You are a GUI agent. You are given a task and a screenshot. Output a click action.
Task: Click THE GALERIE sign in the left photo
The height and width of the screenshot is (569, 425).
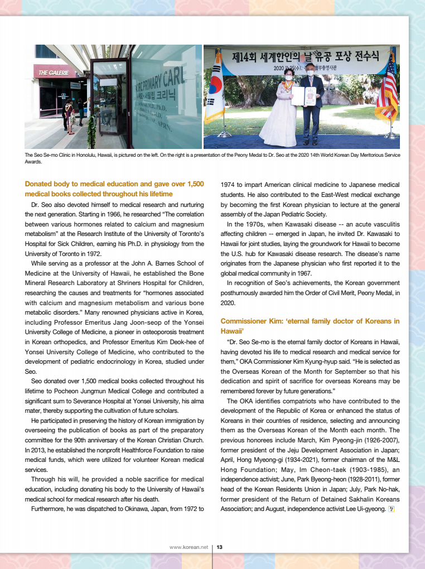click(x=54, y=73)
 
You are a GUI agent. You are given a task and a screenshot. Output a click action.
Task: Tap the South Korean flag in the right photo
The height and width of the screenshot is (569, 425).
click(x=214, y=95)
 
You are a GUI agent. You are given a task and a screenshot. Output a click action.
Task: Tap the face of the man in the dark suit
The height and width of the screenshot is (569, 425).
click(x=310, y=70)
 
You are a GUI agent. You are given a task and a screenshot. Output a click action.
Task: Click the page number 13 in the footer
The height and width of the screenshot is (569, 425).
click(x=220, y=547)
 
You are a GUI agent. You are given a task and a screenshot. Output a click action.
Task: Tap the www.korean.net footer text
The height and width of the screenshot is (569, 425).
click(x=189, y=547)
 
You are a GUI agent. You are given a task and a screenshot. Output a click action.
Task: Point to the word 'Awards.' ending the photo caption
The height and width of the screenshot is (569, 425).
click(x=33, y=162)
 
